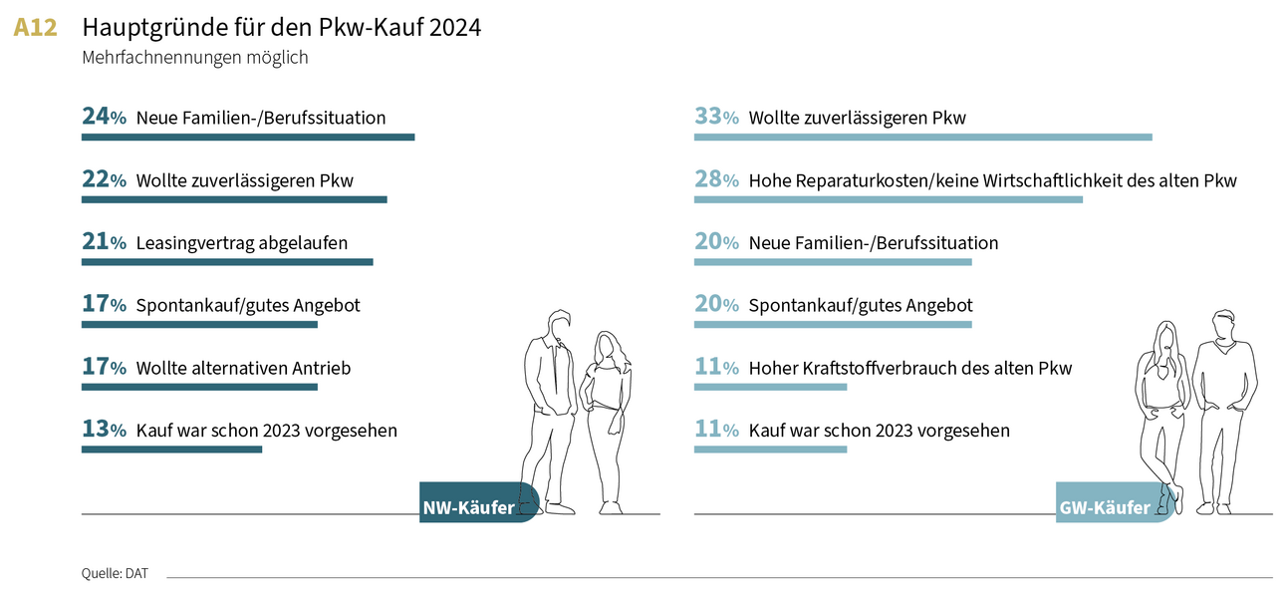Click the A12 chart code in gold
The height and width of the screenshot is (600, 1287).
35,28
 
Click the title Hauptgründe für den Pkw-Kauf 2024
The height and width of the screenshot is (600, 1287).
281,28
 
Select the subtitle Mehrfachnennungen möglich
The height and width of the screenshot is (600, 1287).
194,58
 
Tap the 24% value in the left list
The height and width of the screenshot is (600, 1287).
104,118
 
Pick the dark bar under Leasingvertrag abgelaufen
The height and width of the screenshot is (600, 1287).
226,262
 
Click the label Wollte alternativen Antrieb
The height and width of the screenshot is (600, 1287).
243,368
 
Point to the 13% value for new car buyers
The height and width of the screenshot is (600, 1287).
104,431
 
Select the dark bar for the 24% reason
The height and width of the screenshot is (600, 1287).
247,138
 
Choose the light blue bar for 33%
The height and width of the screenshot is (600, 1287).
922,138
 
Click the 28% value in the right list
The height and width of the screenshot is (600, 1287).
716,180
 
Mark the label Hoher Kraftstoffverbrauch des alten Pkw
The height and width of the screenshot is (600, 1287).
909,368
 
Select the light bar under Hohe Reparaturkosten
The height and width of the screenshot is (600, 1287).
888,200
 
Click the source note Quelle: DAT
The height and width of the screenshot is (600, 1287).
115,573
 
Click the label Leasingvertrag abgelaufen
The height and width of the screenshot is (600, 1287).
241,242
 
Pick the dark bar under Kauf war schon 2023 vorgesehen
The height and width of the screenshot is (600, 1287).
171,450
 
